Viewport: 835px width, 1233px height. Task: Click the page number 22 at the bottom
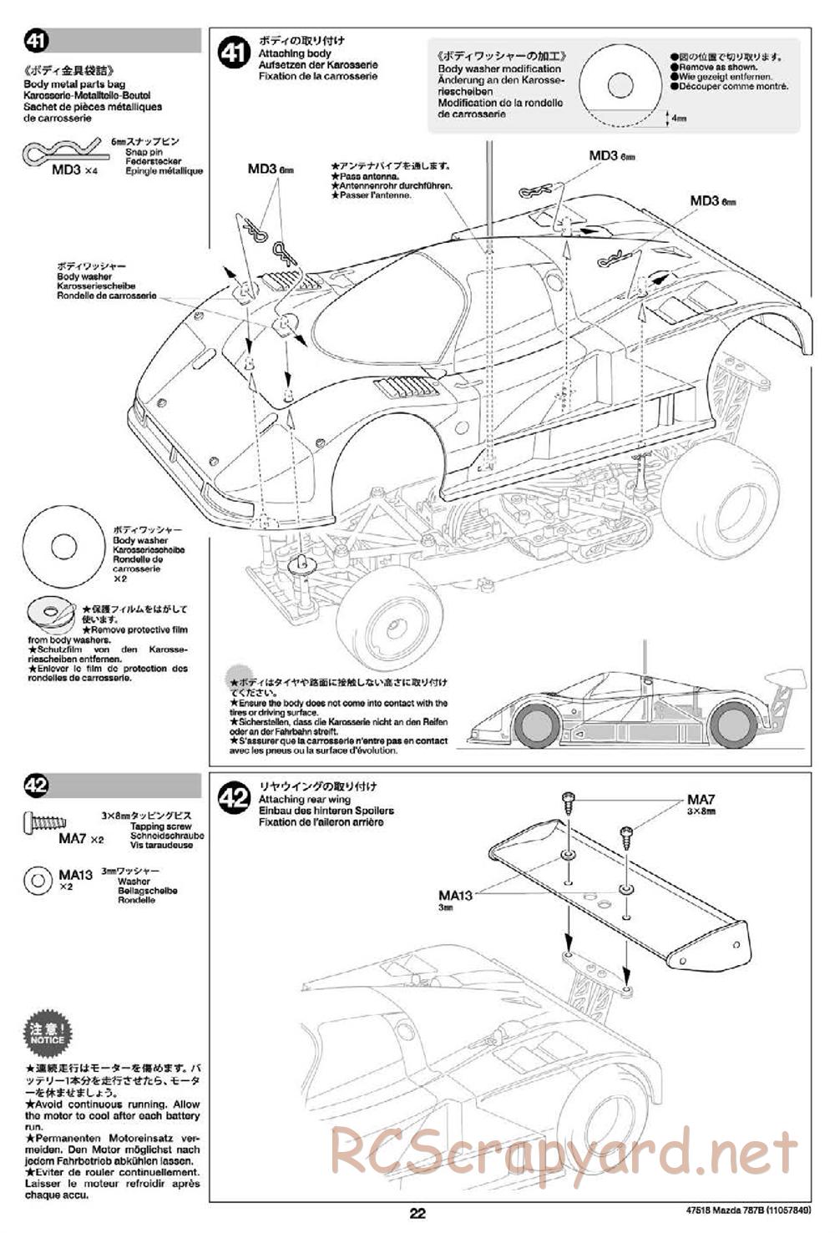pyautogui.click(x=418, y=1214)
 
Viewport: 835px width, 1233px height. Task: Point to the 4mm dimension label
pyautogui.click(x=678, y=119)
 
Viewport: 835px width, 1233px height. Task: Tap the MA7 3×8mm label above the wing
pyautogui.click(x=701, y=803)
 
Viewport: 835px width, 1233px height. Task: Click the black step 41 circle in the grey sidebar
pyautogui.click(x=38, y=41)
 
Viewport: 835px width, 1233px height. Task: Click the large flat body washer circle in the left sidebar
pyautogui.click(x=63, y=548)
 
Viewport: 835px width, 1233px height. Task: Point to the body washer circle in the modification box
pyautogui.click(x=620, y=83)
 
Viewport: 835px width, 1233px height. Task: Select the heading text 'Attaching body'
pyautogui.click(x=282, y=53)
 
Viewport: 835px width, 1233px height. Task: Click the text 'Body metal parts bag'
pyautogui.click(x=73, y=84)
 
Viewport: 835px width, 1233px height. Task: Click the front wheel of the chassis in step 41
pyautogui.click(x=389, y=619)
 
